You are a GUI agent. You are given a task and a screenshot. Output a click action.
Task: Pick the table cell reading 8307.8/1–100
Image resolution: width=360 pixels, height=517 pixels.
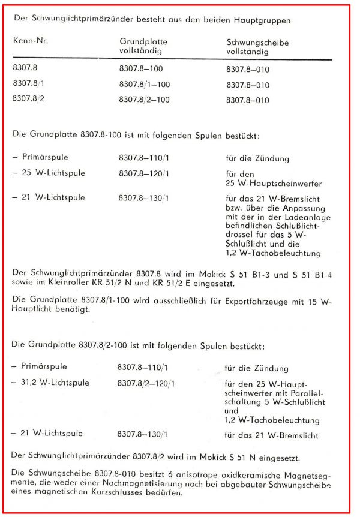144,85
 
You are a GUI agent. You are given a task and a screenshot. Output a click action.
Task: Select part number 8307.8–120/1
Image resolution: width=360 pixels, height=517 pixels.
144,174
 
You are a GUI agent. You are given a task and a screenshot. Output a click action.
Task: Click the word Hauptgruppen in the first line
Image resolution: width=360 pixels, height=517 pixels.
263,20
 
